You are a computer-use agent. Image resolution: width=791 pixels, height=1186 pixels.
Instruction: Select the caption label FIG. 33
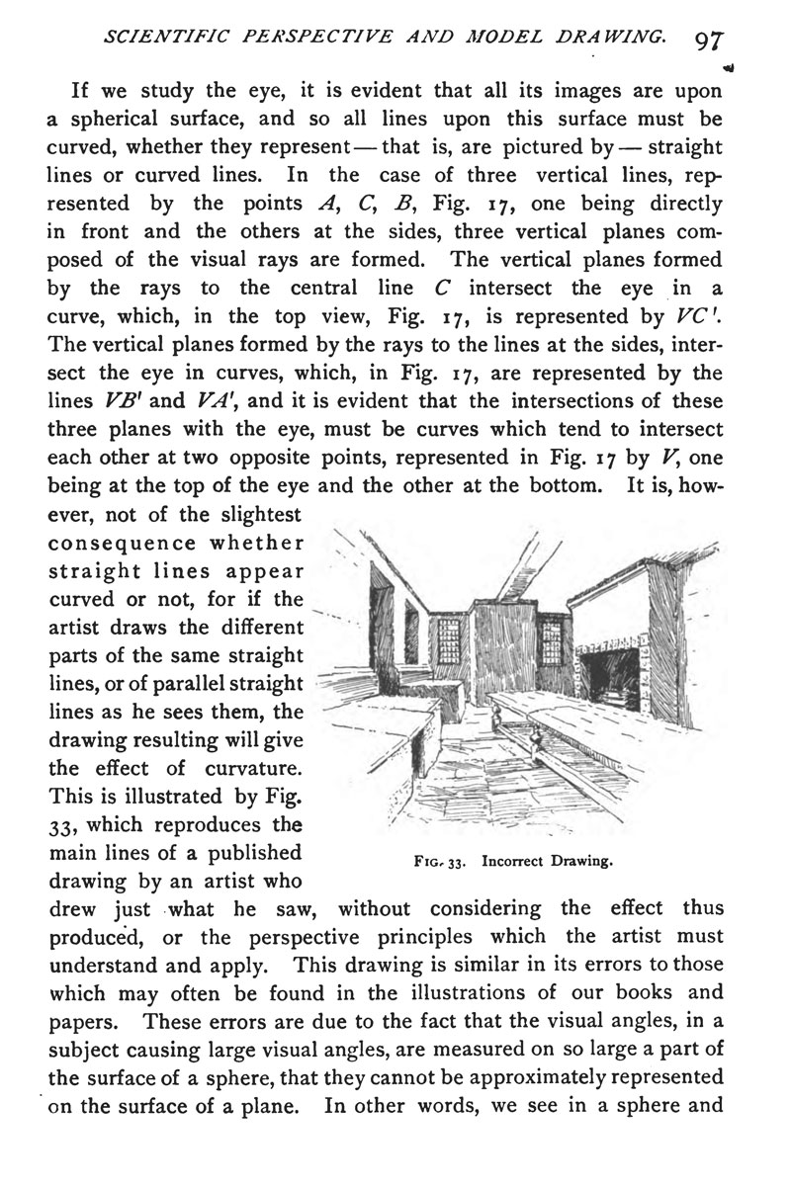[x=435, y=861]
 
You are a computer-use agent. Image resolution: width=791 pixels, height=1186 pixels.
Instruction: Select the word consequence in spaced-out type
[x=121, y=543]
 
